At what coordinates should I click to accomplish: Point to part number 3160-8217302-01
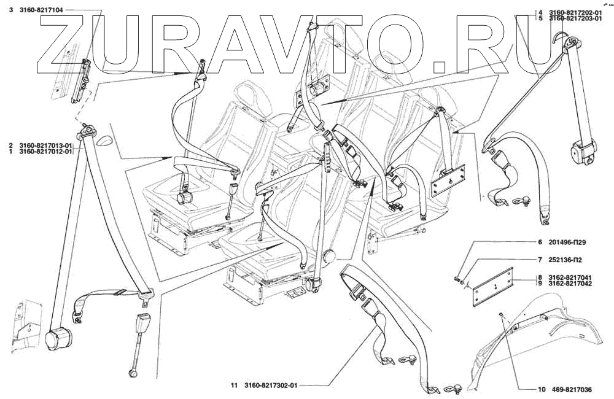268,385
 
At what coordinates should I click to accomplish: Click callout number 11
233,385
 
